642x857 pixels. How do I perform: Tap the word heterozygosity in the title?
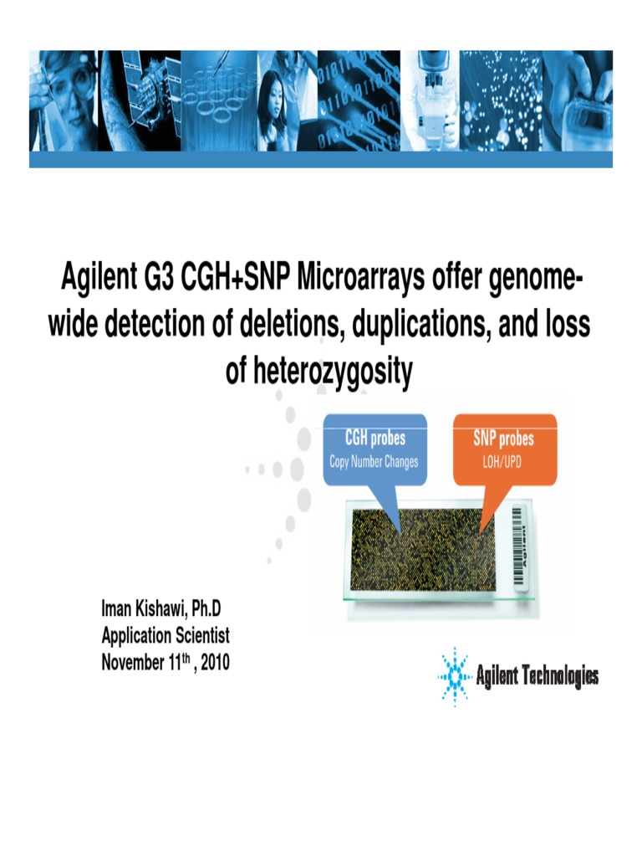[319, 372]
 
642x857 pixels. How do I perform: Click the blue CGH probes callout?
[374, 450]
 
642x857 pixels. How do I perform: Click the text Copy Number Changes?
[374, 462]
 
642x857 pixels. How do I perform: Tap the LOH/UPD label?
[503, 462]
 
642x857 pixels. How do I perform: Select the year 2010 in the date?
[212, 663]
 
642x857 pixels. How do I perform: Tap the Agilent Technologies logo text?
[537, 676]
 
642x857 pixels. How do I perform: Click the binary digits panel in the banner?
[359, 100]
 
